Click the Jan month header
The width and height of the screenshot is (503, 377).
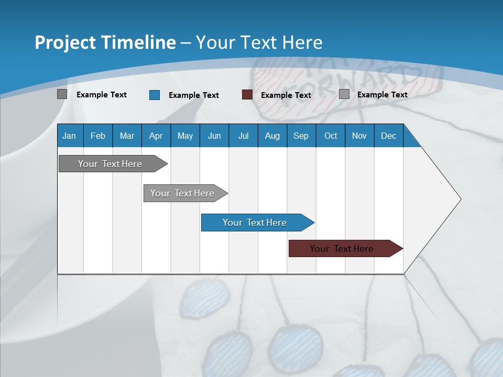[x=69, y=136]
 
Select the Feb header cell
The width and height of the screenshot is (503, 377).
[x=98, y=136]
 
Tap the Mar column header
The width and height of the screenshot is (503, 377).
[x=127, y=136]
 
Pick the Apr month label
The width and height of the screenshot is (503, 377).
[x=156, y=136]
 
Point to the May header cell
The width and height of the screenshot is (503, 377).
[x=185, y=136]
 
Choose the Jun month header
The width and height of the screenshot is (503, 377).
[x=214, y=136]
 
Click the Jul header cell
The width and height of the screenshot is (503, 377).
[x=243, y=136]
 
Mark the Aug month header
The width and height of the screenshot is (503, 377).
[x=272, y=136]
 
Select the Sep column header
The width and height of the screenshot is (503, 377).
[x=301, y=136]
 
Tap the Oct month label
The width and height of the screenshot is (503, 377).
[x=331, y=136]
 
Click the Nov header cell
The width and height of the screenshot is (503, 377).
[x=359, y=136]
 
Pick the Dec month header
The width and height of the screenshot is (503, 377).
[x=388, y=136]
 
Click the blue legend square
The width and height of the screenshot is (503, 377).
[x=155, y=95]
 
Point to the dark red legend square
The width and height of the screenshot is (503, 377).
[x=247, y=95]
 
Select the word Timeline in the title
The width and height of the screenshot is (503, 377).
[x=140, y=42]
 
